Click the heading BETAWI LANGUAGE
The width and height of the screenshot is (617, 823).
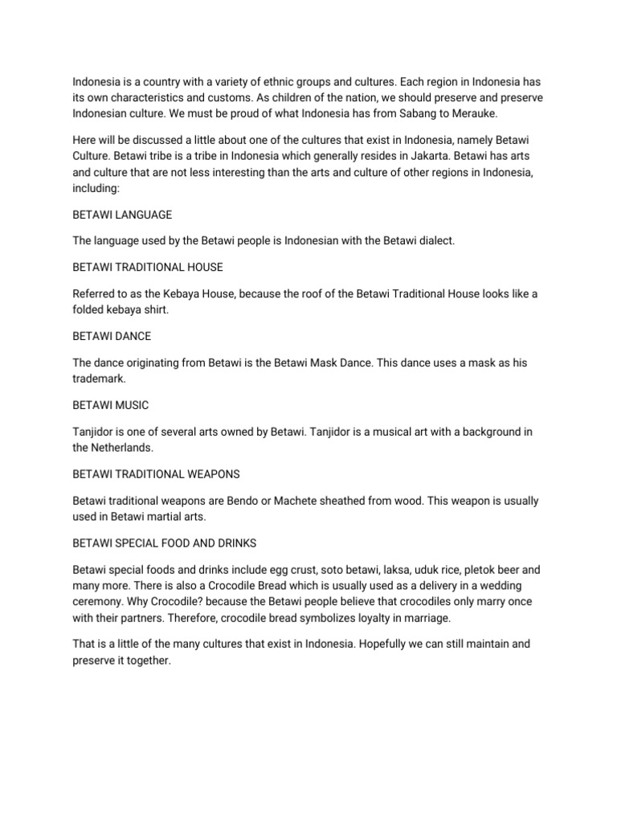(x=122, y=215)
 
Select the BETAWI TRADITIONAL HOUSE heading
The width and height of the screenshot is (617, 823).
(x=148, y=266)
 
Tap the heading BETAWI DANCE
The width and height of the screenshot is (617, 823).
(x=112, y=335)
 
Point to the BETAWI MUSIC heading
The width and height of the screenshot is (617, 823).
(x=111, y=404)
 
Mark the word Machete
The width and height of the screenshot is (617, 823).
(x=299, y=501)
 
